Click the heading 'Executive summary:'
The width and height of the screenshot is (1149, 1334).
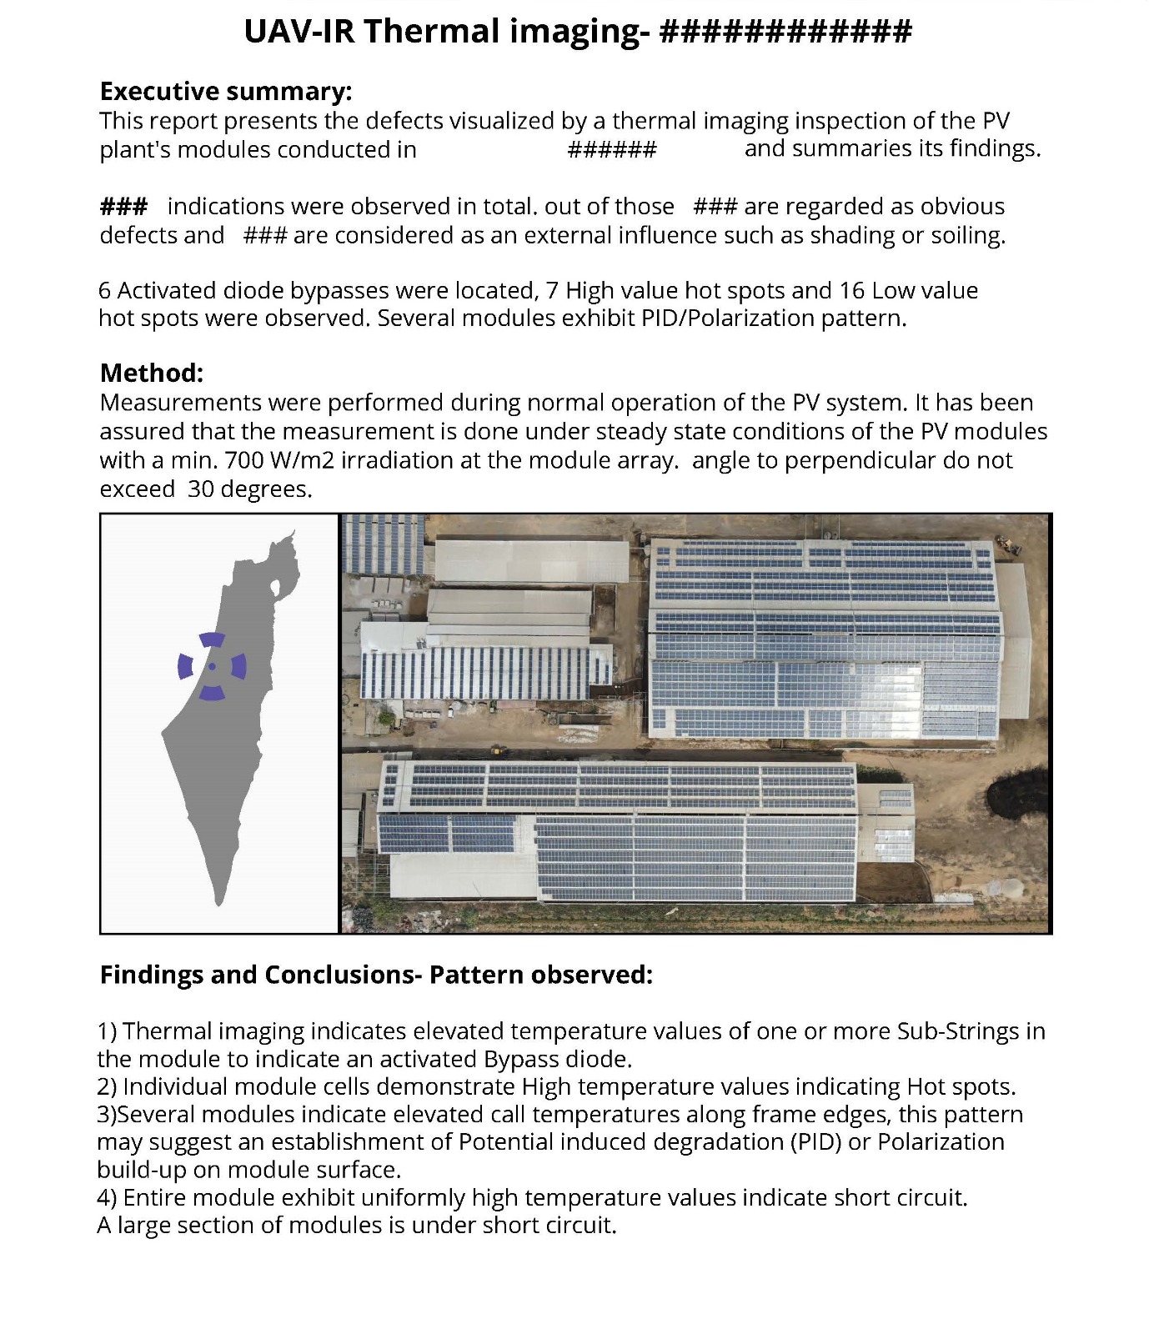[x=226, y=91]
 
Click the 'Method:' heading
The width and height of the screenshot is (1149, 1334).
[x=152, y=373]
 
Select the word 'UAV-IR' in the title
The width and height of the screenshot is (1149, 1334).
[x=299, y=32]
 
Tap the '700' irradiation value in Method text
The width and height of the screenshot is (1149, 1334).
[x=241, y=460]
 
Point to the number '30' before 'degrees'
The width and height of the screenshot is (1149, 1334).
[x=201, y=489]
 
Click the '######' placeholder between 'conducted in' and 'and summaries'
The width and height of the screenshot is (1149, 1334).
[x=612, y=150]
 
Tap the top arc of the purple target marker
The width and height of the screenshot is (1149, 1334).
[x=212, y=639]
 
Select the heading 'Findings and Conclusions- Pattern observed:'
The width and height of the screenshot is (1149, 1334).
[x=376, y=975]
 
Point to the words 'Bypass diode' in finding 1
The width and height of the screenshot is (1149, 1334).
[x=556, y=1060]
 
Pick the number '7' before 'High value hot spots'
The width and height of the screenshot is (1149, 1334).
[x=552, y=290]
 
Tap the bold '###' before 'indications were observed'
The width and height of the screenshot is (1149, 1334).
[x=123, y=206]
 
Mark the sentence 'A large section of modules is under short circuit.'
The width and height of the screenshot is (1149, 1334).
[x=357, y=1226]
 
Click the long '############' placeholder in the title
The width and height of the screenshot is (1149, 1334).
[x=785, y=32]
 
